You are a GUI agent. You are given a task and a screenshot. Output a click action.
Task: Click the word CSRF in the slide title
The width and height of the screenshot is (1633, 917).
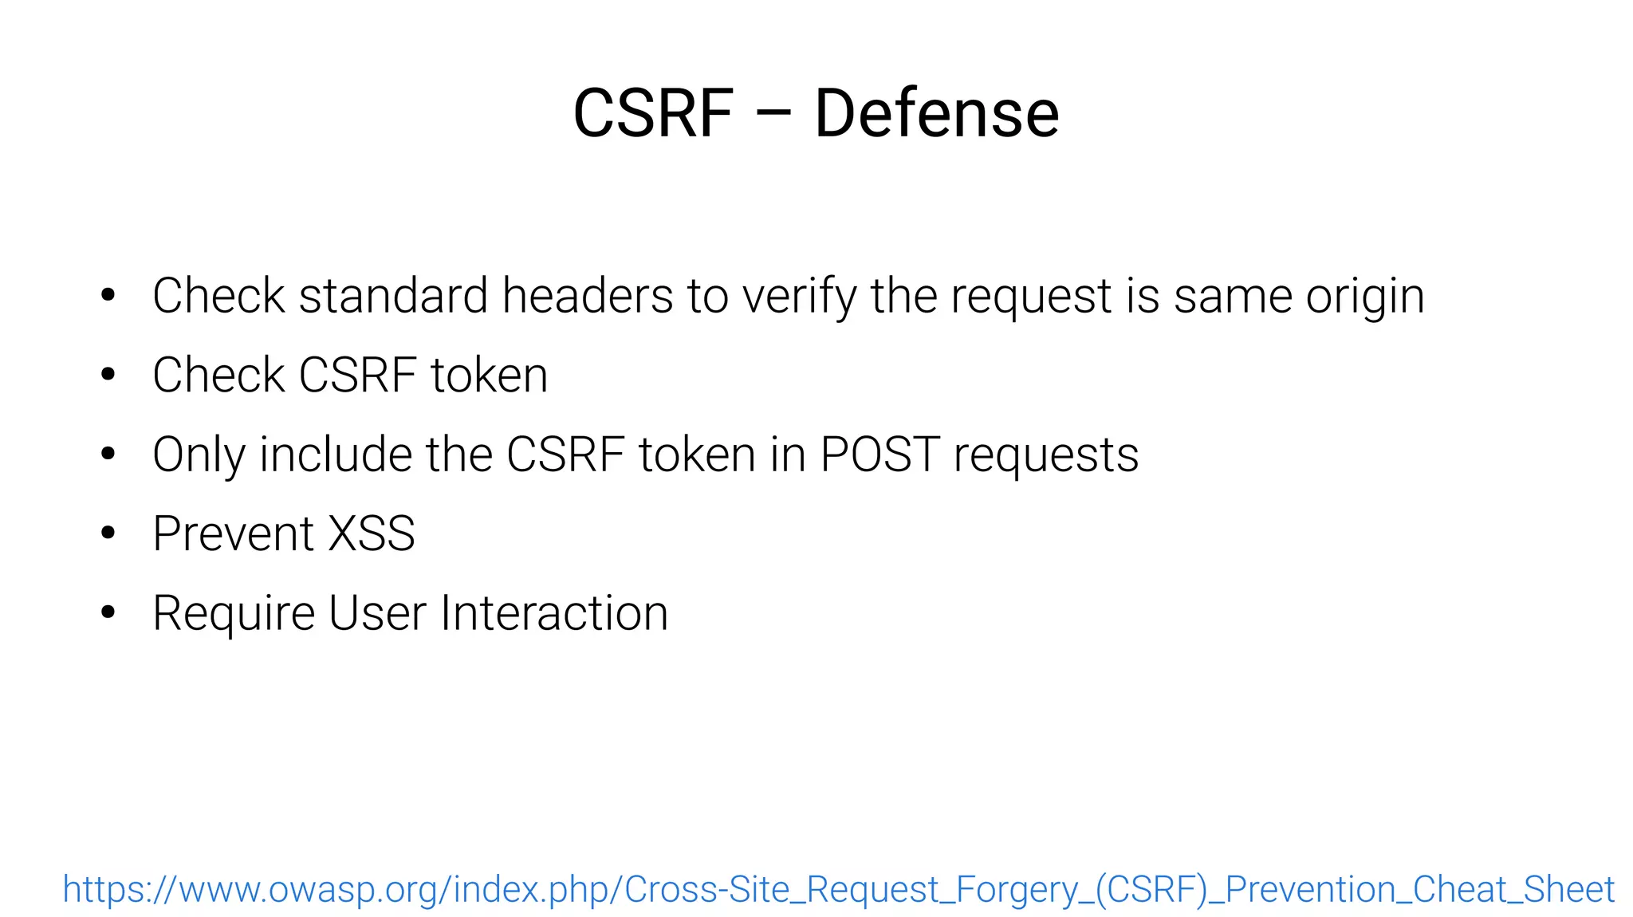point(653,113)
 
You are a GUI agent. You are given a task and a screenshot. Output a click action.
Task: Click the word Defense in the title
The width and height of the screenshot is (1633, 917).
point(936,113)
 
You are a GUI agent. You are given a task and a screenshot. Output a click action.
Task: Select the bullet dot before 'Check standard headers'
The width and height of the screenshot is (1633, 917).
point(108,296)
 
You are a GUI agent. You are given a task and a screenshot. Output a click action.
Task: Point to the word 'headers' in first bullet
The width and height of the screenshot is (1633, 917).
point(588,296)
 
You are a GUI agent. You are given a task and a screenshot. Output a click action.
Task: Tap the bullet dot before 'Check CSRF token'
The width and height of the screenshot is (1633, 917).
point(108,375)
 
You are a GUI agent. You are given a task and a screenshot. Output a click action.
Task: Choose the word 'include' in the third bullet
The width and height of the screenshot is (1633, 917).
point(336,455)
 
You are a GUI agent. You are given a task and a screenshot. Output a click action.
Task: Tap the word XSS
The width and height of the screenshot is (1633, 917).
point(372,533)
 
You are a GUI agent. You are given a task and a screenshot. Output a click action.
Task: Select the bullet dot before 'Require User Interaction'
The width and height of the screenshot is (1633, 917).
point(108,612)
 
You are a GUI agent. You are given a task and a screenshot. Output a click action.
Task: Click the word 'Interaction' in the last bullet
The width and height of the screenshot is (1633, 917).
point(554,613)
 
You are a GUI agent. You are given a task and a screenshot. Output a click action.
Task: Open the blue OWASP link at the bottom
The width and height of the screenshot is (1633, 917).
point(838,890)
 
